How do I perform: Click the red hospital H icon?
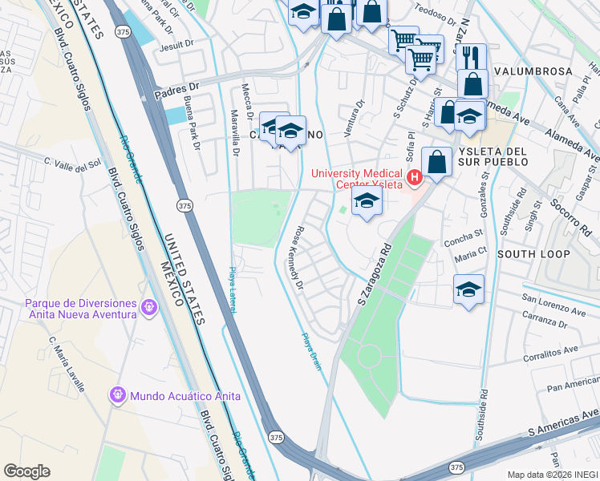[415, 176]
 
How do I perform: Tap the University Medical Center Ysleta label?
[359, 176]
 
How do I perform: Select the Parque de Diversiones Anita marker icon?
[148, 307]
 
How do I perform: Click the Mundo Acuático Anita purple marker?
[117, 395]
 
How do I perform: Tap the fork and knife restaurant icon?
[471, 58]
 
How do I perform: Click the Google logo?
[26, 471]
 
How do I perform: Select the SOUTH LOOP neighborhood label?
[533, 254]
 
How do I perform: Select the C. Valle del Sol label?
[72, 164]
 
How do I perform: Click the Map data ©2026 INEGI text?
[553, 475]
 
